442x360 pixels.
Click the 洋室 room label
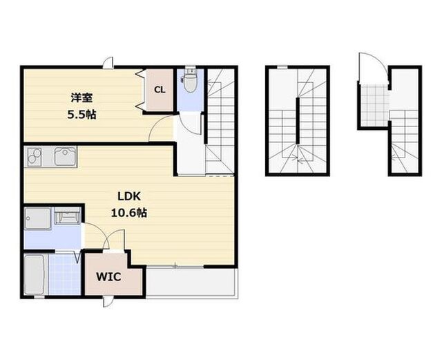pyautogui.click(x=81, y=98)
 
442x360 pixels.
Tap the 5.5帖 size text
pyautogui.click(x=81, y=115)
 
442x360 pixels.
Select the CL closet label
pyautogui.click(x=160, y=90)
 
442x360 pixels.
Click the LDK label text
pyautogui.click(x=129, y=196)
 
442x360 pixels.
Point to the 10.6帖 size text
pyautogui.click(x=129, y=213)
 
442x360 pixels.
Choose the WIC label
pyautogui.click(x=108, y=277)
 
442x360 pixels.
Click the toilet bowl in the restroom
pyautogui.click(x=190, y=82)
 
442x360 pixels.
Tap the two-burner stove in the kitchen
pyautogui.click(x=35, y=157)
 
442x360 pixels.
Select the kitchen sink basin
pyautogui.click(x=65, y=156)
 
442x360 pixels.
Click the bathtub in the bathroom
pyautogui.click(x=34, y=274)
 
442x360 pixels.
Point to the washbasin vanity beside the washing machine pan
pyautogui.click(x=67, y=216)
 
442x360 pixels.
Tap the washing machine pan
pyautogui.click(x=37, y=218)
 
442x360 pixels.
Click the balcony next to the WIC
pyautogui.click(x=191, y=282)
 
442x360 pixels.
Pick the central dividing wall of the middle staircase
pyautogui.click(x=298, y=120)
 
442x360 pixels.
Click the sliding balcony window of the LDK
pyautogui.click(x=175, y=266)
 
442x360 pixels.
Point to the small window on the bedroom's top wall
pyautogui.click(x=108, y=63)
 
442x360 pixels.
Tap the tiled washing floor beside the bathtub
pyautogui.click(x=64, y=274)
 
